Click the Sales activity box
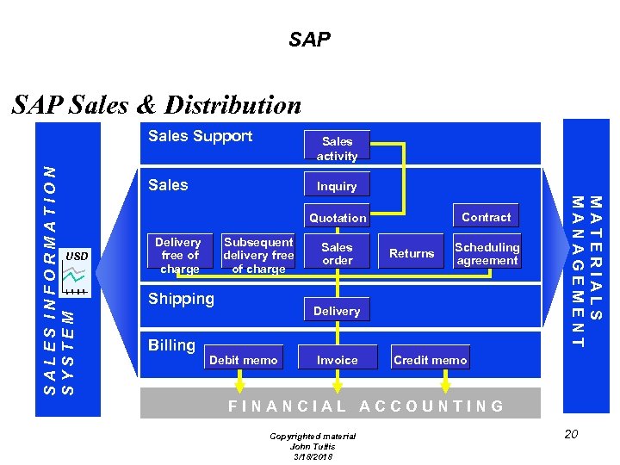[x=337, y=148]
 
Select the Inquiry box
[x=337, y=186]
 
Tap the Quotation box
[x=338, y=218]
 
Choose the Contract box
[x=486, y=217]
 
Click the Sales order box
[x=337, y=253]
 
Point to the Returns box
[x=412, y=253]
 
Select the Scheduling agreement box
[x=487, y=253]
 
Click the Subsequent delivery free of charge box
[x=258, y=255]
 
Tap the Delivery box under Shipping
[x=337, y=311]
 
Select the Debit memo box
[x=243, y=360]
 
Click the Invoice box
[x=337, y=360]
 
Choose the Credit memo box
[x=430, y=360]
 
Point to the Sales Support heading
[x=200, y=136]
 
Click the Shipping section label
[x=181, y=299]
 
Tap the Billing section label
[x=171, y=345]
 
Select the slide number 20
[x=571, y=433]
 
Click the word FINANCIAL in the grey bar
[x=287, y=406]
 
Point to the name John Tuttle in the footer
[x=313, y=446]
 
